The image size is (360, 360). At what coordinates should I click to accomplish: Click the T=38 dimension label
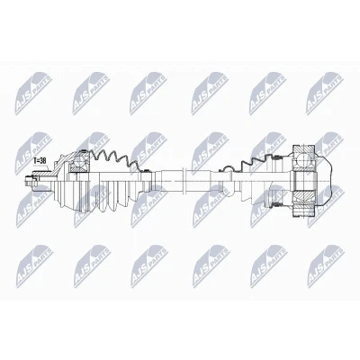[40, 160]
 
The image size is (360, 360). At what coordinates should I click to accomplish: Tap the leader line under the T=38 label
[44, 167]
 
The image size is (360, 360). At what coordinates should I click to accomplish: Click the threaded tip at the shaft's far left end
[29, 181]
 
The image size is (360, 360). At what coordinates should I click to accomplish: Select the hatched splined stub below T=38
[40, 173]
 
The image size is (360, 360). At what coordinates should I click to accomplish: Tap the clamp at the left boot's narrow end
[147, 171]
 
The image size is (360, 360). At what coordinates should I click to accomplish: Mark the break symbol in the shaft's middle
[184, 181]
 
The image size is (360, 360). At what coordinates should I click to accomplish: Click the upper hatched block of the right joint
[303, 149]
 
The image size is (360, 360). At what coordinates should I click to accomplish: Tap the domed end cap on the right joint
[325, 182]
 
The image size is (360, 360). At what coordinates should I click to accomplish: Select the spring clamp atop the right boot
[278, 157]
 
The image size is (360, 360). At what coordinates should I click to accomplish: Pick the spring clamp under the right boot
[276, 205]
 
